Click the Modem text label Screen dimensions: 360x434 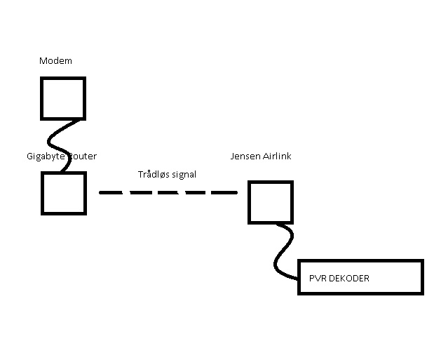pyautogui.click(x=55, y=61)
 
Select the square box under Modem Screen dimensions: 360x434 pyautogui.click(x=62, y=98)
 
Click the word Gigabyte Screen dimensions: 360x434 pyautogui.click(x=46, y=156)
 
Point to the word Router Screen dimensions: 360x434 pyautogui.click(x=82, y=156)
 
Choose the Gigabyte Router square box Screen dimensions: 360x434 pyautogui.click(x=63, y=193)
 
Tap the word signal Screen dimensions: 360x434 pyautogui.click(x=183, y=175)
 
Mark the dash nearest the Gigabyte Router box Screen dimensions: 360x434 pyautogui.click(x=110, y=192)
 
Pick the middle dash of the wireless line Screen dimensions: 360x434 pyautogui.click(x=168, y=192)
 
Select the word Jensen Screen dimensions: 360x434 pyautogui.click(x=245, y=156)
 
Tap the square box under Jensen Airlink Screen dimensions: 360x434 pyautogui.click(x=270, y=202)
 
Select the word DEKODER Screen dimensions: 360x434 pyautogui.click(x=349, y=279)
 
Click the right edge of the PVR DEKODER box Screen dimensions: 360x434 pyautogui.click(x=422, y=277)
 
